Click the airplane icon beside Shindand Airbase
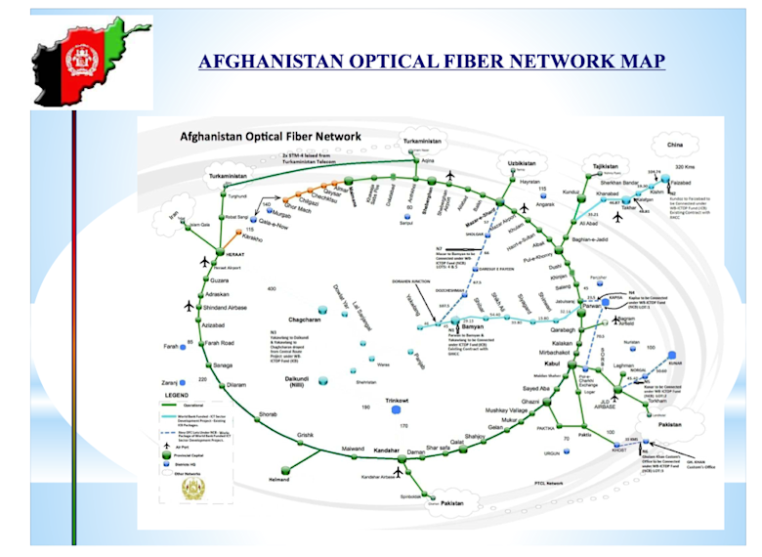tap(189, 305)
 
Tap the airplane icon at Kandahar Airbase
tap(399, 472)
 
